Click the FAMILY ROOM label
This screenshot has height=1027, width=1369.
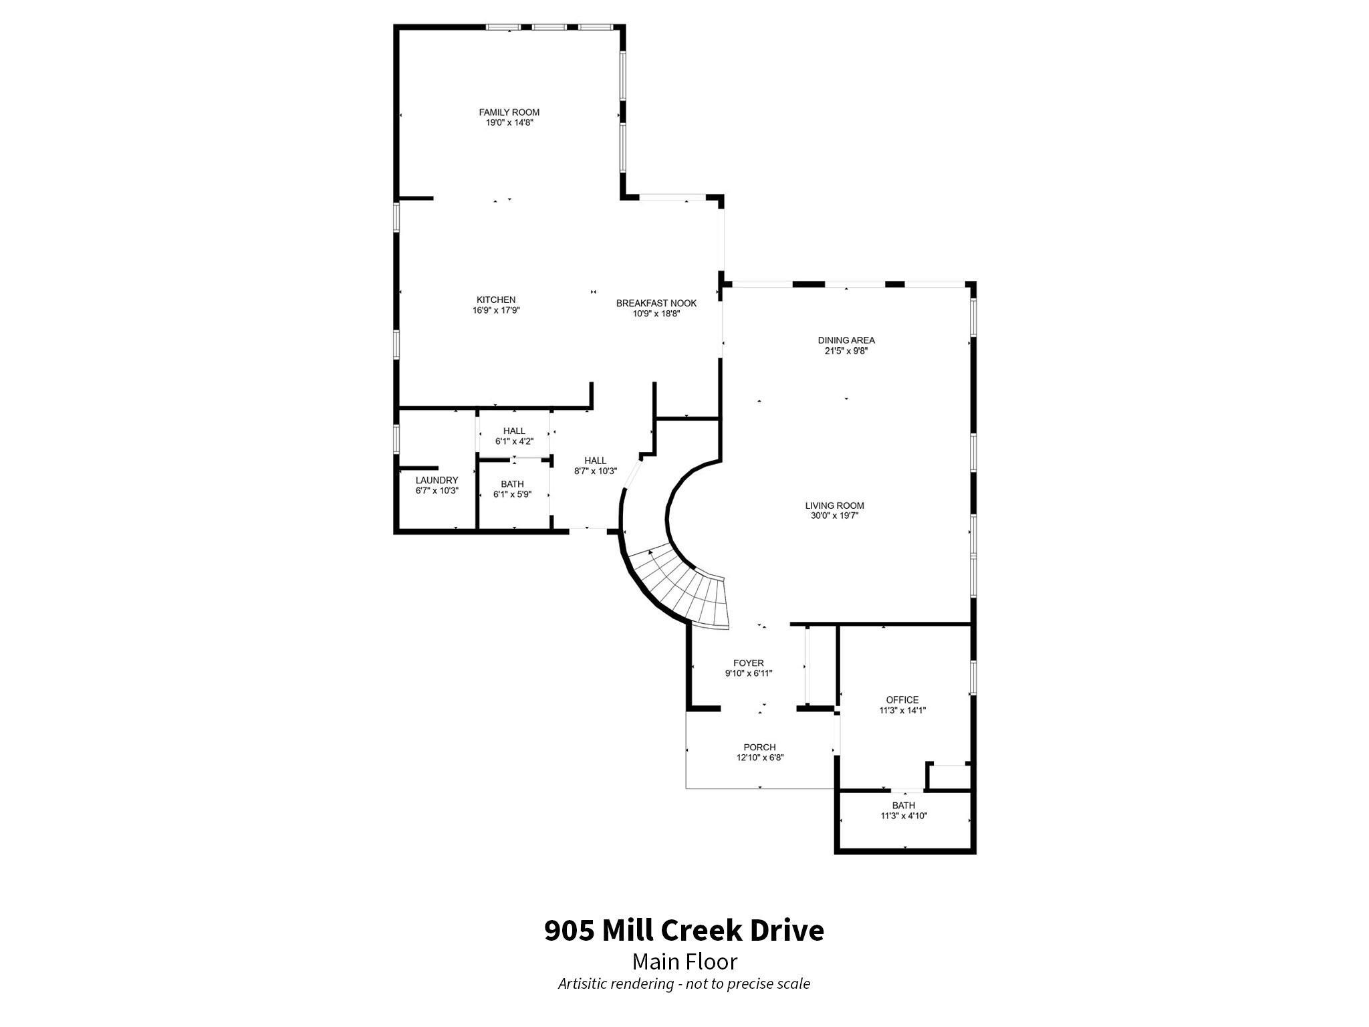point(509,112)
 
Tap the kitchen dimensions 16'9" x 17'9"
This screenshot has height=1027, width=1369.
point(495,310)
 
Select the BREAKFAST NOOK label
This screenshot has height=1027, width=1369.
point(656,303)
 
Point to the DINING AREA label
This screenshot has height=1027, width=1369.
point(846,340)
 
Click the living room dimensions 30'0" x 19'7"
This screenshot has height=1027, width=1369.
point(834,516)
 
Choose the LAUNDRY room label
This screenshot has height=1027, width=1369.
point(437,480)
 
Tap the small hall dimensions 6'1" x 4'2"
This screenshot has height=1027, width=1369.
point(514,441)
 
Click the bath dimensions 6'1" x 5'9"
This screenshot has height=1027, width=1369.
point(512,494)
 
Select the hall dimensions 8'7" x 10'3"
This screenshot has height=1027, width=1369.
point(595,471)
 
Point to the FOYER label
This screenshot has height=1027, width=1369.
point(748,663)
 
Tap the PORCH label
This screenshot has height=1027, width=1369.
point(759,748)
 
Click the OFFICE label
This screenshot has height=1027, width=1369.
point(902,700)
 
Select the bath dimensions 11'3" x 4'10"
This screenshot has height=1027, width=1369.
point(903,816)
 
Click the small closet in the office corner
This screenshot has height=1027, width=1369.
point(950,777)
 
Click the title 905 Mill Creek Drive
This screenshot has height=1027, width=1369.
point(684,930)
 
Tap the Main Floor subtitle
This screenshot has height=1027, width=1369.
point(684,961)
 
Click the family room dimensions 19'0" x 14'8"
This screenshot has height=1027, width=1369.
point(509,123)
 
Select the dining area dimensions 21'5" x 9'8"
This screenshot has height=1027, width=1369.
point(846,350)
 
